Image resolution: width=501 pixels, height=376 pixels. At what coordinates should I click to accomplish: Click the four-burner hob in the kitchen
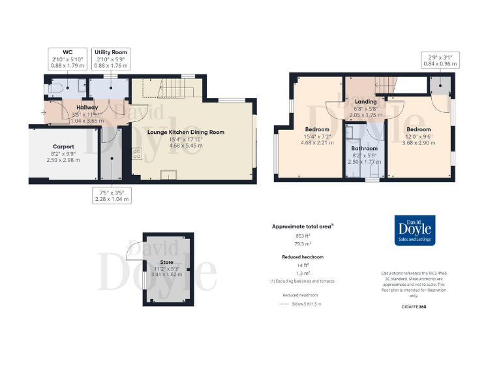[x=138, y=154]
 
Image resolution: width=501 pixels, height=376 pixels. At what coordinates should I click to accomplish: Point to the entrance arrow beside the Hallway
[x=43, y=113]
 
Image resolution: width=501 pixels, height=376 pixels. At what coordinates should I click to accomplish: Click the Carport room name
[x=63, y=147]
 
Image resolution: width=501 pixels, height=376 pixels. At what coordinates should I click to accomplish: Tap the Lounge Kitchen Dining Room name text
[x=186, y=133]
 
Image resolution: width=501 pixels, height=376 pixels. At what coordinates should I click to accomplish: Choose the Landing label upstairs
[x=365, y=102]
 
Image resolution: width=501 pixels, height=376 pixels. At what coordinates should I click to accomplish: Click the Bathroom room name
[x=365, y=148]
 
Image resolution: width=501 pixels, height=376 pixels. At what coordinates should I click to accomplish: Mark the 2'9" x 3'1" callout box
[x=440, y=60]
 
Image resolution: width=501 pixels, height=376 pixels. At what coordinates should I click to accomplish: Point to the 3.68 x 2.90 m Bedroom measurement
[x=418, y=142]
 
